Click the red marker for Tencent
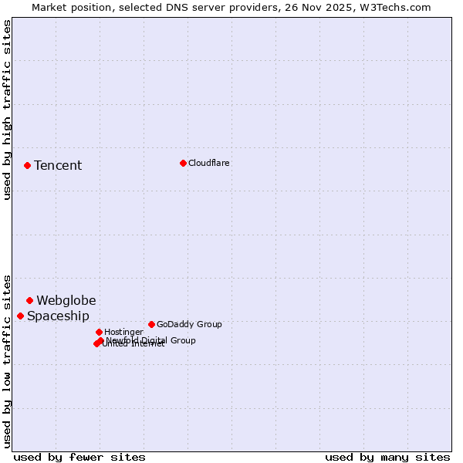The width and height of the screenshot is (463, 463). (27, 165)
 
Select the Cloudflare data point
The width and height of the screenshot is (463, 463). (183, 163)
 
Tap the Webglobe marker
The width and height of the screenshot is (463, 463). (29, 300)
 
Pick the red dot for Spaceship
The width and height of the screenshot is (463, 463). (20, 316)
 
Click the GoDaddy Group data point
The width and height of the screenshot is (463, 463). (151, 324)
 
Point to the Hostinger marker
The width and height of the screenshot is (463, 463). (99, 332)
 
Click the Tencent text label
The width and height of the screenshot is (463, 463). (58, 165)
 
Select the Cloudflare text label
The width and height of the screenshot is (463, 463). (208, 163)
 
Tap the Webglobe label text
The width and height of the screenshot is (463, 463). (66, 300)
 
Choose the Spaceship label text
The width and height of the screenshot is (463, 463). (58, 316)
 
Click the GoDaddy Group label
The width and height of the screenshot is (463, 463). (189, 324)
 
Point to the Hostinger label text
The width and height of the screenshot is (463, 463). (123, 332)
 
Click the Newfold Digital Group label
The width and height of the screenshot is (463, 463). (152, 340)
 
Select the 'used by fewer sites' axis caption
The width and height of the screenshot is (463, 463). (79, 457)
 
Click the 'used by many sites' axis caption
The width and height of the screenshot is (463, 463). (387, 457)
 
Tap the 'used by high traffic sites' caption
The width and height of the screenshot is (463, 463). (7, 110)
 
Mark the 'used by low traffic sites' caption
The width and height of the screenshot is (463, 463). (7, 361)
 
